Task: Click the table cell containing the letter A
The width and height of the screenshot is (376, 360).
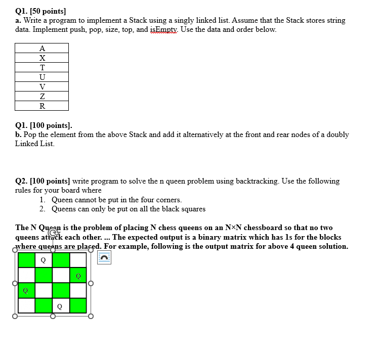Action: click(42, 49)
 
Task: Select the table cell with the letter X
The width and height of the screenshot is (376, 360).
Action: click(42, 58)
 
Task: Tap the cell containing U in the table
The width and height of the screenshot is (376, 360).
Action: click(42, 77)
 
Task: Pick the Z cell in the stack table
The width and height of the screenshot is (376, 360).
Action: click(42, 97)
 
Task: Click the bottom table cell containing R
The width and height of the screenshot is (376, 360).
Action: click(42, 106)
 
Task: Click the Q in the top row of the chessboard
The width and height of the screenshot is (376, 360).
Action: click(43, 260)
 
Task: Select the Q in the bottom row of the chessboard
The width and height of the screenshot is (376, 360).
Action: click(60, 306)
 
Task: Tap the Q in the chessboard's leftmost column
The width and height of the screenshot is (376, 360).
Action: click(25, 291)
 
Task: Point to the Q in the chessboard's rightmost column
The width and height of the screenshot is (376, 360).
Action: click(77, 276)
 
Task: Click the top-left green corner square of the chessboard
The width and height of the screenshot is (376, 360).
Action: click(26, 260)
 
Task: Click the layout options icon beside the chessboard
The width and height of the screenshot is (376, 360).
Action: click(103, 258)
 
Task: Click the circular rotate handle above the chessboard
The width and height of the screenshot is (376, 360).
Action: click(52, 234)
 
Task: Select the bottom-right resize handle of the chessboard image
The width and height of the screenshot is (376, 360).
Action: click(91, 317)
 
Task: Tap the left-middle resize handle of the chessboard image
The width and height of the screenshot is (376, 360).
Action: click(15, 283)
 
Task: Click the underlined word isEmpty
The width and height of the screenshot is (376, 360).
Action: click(163, 29)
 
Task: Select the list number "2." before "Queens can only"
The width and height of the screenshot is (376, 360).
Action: click(43, 209)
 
